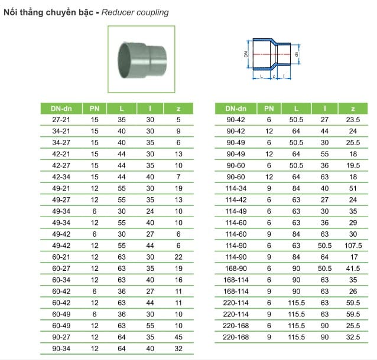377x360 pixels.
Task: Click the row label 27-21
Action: [61, 119]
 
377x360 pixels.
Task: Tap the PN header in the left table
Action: [95, 108]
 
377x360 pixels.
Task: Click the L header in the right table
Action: [295, 108]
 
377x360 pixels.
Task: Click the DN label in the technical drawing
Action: [245, 54]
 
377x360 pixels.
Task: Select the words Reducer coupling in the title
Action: [135, 12]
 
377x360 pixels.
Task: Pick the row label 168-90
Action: [235, 269]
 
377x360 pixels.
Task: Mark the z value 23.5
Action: [353, 119]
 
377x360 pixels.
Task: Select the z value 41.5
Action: [353, 269]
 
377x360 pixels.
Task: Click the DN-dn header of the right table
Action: [235, 108]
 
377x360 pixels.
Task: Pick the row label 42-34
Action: [61, 176]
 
